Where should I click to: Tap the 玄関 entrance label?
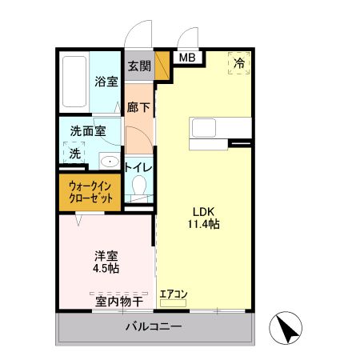(138, 66)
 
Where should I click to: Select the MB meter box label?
(186, 58)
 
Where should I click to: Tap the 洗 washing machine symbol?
(74, 152)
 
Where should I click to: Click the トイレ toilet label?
(138, 167)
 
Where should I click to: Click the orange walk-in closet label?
(89, 192)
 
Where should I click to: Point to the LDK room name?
(203, 211)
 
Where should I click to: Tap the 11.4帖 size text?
(203, 225)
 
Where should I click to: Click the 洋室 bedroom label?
(106, 256)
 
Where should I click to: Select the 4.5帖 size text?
(106, 270)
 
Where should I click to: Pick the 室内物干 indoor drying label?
(119, 302)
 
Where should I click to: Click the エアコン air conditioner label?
(173, 294)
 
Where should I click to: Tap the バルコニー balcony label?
(153, 327)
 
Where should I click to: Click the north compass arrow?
(287, 329)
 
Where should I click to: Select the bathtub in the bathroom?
(74, 84)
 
